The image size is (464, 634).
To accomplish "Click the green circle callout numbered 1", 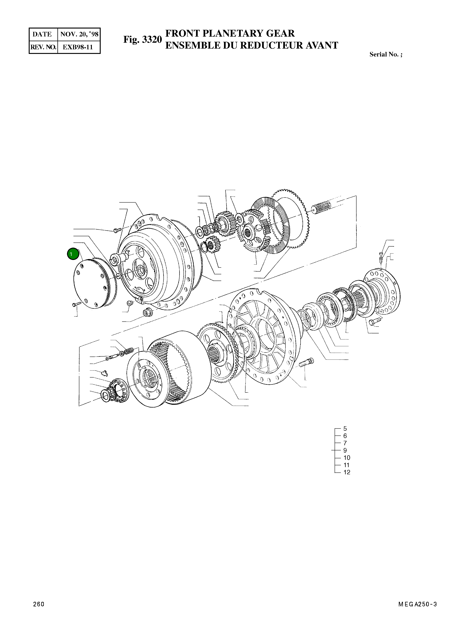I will pos(73,254).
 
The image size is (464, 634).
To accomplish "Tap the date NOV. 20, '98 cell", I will pos(79,34).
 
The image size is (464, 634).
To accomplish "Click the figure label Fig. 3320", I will pos(143,40).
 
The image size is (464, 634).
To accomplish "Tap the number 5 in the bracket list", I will pos(345,429).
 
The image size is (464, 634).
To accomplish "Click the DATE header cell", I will pos(42,34).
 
